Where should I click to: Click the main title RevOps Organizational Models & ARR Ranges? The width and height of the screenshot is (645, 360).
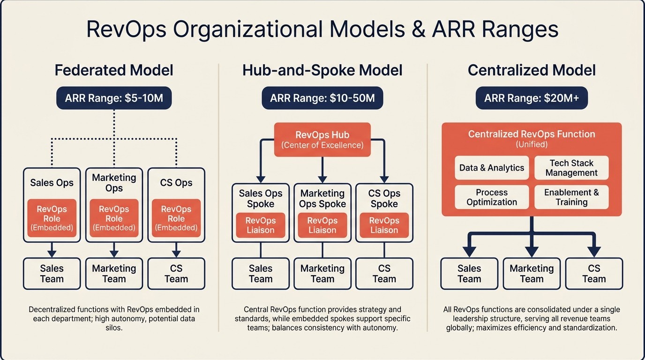tap(322, 30)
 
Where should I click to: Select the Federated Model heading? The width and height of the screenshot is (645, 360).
tap(114, 70)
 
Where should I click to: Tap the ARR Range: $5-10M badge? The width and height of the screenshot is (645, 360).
tap(114, 98)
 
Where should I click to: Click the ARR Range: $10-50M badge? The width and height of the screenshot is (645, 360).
tap(322, 98)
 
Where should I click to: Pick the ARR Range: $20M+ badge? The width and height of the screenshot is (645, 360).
tap(532, 98)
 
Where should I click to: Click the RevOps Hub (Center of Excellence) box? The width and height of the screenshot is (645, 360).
tap(322, 140)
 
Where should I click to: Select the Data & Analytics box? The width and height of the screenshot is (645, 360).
tap(492, 168)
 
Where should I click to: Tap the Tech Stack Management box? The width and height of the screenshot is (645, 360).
tap(571, 168)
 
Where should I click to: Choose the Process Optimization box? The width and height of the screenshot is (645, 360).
tap(492, 197)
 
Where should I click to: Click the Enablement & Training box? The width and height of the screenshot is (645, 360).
tap(571, 197)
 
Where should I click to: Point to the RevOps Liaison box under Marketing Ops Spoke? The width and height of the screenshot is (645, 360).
tap(322, 225)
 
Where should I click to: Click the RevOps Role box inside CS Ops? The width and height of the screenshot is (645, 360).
tap(176, 218)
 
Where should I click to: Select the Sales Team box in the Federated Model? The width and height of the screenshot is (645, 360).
tap(52, 273)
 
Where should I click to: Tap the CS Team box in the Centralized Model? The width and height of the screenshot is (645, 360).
tap(594, 273)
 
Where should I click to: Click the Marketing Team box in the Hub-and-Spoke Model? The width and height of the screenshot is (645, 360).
tap(322, 273)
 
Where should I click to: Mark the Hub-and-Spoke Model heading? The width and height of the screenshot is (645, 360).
tap(322, 70)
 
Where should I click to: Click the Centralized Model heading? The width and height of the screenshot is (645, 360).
tap(532, 70)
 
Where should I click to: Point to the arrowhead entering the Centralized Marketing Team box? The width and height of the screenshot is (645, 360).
tap(532, 252)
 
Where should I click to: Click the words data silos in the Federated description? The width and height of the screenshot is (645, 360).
tap(114, 328)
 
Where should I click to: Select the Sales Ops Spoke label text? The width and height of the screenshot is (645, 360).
tap(261, 199)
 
